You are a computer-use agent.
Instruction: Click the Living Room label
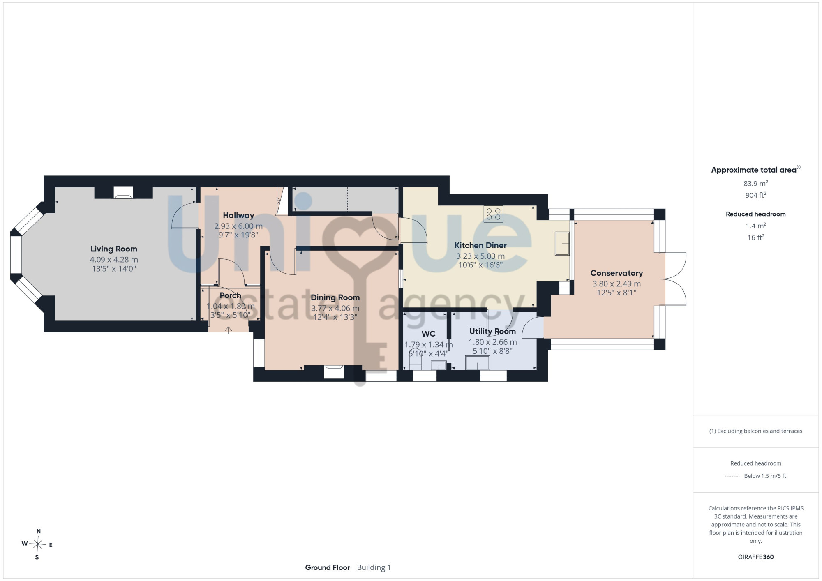(x=114, y=249)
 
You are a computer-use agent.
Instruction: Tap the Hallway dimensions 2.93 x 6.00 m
(x=238, y=226)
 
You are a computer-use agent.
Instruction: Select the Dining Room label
(x=335, y=297)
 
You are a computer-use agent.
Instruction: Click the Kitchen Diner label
(x=480, y=245)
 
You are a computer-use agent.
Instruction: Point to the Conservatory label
(x=616, y=273)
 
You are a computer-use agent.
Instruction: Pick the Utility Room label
(x=492, y=331)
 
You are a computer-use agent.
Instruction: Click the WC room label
(x=428, y=334)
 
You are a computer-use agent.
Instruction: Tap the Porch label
(x=230, y=295)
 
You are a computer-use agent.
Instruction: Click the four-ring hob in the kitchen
(x=493, y=214)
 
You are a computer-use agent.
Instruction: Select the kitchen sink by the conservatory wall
(x=562, y=243)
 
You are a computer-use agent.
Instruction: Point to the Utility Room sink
(x=478, y=363)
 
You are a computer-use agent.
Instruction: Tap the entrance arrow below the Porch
(x=229, y=330)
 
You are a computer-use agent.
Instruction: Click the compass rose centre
(x=38, y=544)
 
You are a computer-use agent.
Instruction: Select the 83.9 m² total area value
(x=756, y=183)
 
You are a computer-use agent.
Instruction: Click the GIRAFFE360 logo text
(x=756, y=557)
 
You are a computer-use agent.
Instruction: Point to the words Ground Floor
(x=328, y=567)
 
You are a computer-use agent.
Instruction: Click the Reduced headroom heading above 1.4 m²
(x=756, y=214)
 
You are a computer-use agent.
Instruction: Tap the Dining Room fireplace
(x=334, y=371)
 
